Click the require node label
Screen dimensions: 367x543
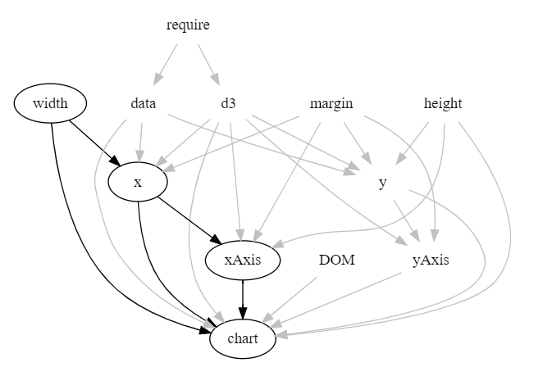point(188,25)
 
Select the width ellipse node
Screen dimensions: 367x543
point(51,104)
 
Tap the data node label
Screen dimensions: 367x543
point(143,104)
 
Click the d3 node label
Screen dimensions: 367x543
point(228,104)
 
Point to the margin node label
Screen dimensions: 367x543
point(331,104)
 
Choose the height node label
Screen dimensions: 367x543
point(443,104)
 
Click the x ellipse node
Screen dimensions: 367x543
point(138,183)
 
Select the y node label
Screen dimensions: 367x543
point(383,183)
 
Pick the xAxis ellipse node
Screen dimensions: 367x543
point(242,261)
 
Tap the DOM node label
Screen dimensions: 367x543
point(336,261)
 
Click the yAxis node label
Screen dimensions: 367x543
point(431,261)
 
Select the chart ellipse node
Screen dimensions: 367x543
point(242,338)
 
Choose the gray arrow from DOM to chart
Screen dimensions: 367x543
point(290,299)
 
